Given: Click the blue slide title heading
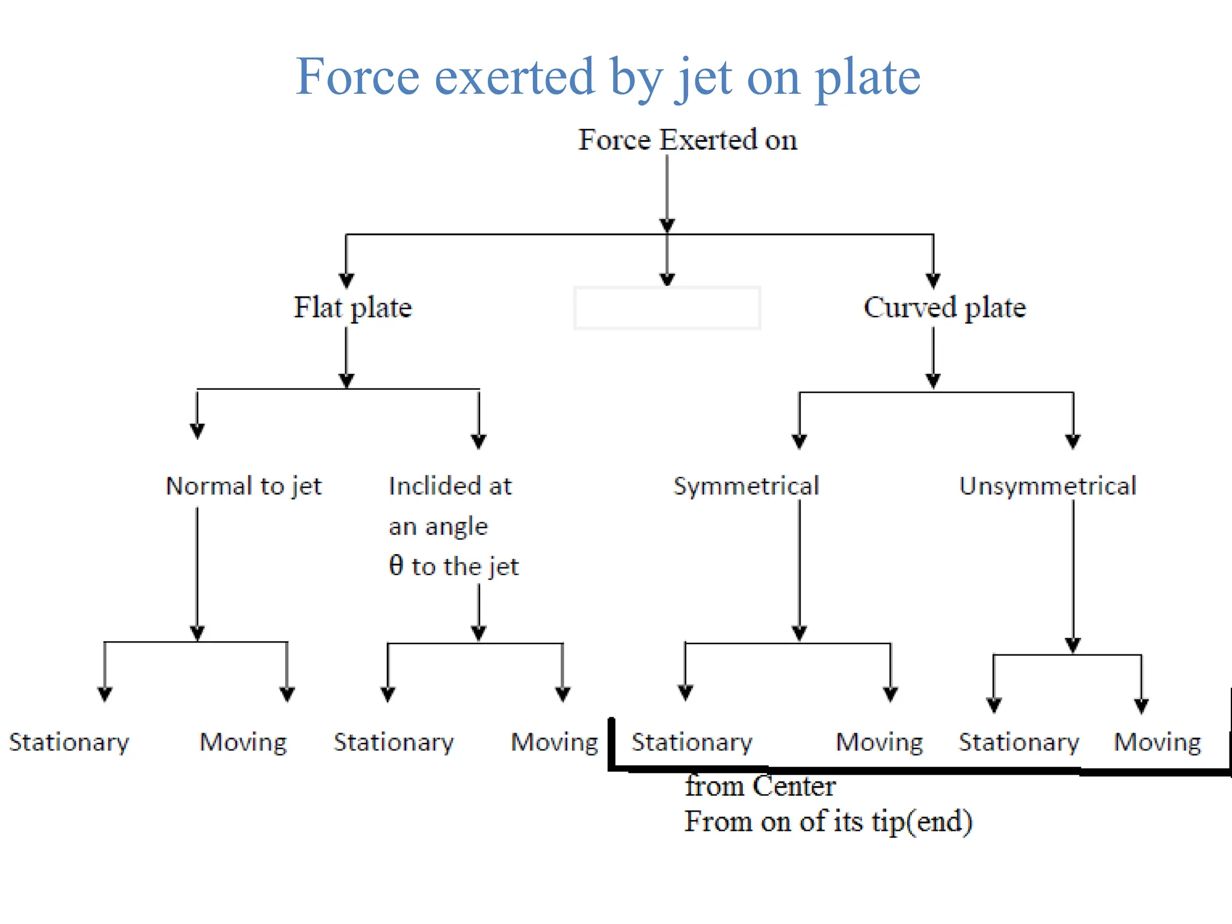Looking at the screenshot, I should pyautogui.click(x=608, y=76).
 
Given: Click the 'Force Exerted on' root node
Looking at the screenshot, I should pyautogui.click(x=688, y=140).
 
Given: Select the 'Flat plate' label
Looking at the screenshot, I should pyautogui.click(x=353, y=307).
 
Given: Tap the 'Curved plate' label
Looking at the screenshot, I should pyautogui.click(x=944, y=307).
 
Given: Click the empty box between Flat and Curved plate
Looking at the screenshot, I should pyautogui.click(x=667, y=308).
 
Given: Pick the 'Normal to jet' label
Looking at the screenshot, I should pyautogui.click(x=244, y=486).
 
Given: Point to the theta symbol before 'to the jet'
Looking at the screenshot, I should pyautogui.click(x=396, y=565).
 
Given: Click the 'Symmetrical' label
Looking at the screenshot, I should pyautogui.click(x=746, y=486).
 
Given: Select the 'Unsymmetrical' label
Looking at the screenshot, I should pyautogui.click(x=1047, y=486).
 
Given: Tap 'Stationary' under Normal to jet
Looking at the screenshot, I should pyautogui.click(x=69, y=742).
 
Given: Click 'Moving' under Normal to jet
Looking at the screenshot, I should pyautogui.click(x=243, y=742).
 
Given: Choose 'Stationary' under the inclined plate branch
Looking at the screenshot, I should pyautogui.click(x=394, y=742).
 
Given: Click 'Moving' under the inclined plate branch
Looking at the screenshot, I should pyautogui.click(x=554, y=742).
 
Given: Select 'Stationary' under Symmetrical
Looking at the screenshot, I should pyautogui.click(x=692, y=742).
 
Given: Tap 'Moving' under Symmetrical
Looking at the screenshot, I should pyautogui.click(x=879, y=742).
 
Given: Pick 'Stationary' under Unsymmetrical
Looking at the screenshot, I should pyautogui.click(x=1019, y=742).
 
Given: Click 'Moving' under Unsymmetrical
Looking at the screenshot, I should pyautogui.click(x=1157, y=742).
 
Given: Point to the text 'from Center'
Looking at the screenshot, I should pyautogui.click(x=760, y=786).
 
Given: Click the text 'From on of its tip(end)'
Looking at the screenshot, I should pyautogui.click(x=828, y=822).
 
